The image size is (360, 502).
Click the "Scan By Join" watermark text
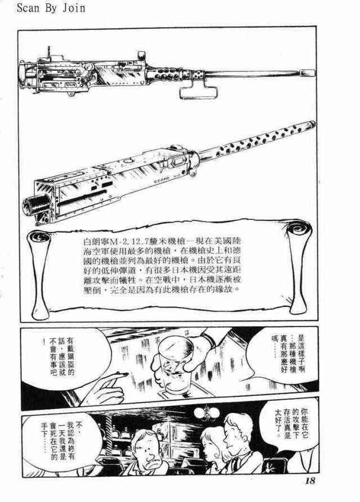[51, 8]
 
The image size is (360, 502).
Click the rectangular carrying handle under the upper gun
[200, 89]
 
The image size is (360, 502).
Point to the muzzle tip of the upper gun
[314, 73]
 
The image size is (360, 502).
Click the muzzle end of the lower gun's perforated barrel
[313, 124]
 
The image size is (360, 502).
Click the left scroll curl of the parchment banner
[39, 238]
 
